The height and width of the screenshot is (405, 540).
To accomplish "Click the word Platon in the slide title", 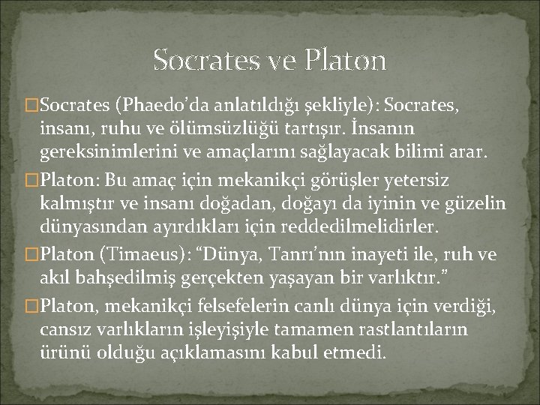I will pyautogui.click(x=346, y=59).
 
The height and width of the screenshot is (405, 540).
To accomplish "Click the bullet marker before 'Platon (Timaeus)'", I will pyautogui.click(x=30, y=255).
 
